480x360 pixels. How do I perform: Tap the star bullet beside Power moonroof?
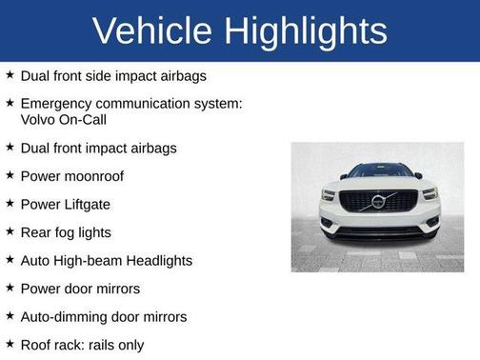pos(10,176)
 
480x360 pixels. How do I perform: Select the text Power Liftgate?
pos(65,204)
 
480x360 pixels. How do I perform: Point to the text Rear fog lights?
pos(66,232)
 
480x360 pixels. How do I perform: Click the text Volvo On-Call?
pos(63,119)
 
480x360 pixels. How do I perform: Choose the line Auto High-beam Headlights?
pos(107,260)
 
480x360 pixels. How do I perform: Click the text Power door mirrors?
pos(80,289)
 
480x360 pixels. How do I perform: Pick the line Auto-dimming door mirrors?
pos(104,316)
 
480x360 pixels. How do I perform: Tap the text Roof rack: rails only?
pos(82,345)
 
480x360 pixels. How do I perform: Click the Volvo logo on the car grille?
pos(378,202)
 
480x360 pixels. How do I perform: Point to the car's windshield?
pos(378,171)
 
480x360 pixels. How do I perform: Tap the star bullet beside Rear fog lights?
pos(10,231)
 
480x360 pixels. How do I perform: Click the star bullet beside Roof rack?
pos(10,344)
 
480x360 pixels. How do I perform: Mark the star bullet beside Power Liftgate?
pos(10,204)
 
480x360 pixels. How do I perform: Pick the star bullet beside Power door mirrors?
pos(10,288)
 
